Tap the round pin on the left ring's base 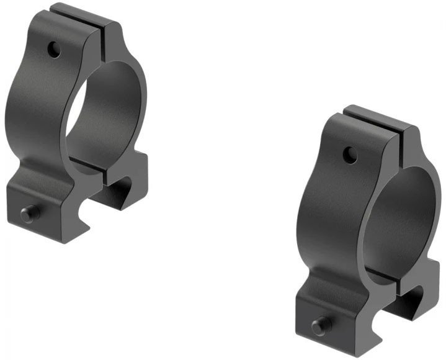coord(29,214)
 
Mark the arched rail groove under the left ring coord(119,189)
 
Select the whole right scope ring coord(369,233)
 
